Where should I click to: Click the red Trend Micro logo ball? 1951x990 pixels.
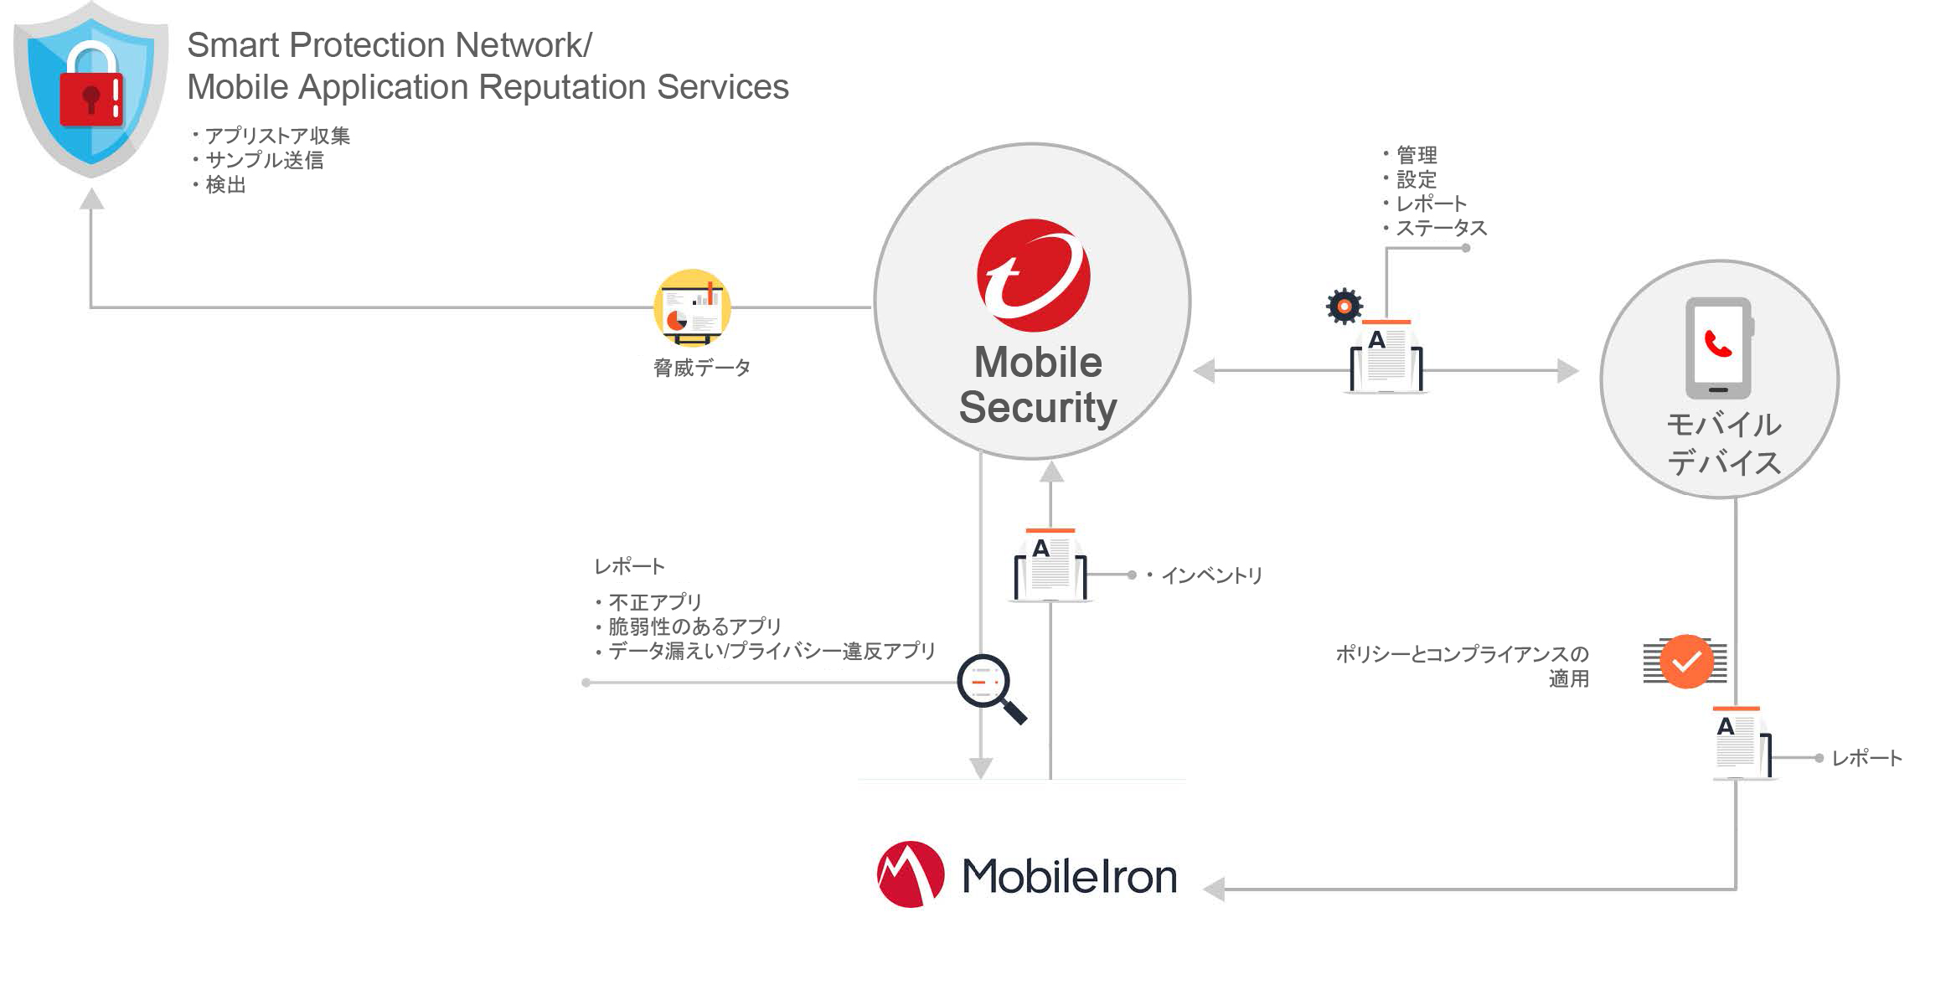(1033, 276)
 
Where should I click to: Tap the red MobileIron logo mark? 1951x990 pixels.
(911, 874)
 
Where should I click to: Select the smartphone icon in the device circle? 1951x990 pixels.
(1718, 348)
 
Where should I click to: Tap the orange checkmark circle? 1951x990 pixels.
(1686, 662)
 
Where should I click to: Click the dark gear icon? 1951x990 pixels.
(1345, 307)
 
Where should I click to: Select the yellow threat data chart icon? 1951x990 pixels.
(692, 307)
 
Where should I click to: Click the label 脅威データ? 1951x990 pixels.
(702, 368)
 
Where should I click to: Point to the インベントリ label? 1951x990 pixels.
(1210, 575)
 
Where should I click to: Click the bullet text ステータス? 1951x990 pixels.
(1441, 228)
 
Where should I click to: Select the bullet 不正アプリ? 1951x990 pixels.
(654, 602)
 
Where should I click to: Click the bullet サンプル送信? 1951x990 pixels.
(265, 160)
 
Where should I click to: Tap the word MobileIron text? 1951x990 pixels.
(1069, 877)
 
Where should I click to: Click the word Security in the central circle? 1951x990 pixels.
(1037, 407)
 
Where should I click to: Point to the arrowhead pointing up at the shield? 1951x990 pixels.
(91, 199)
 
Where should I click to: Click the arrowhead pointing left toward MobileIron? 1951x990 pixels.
(1214, 889)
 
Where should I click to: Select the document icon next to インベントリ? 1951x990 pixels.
(1050, 565)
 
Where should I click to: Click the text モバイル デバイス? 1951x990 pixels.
(1723, 444)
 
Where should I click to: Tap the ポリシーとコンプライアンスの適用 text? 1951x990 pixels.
(1462, 666)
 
